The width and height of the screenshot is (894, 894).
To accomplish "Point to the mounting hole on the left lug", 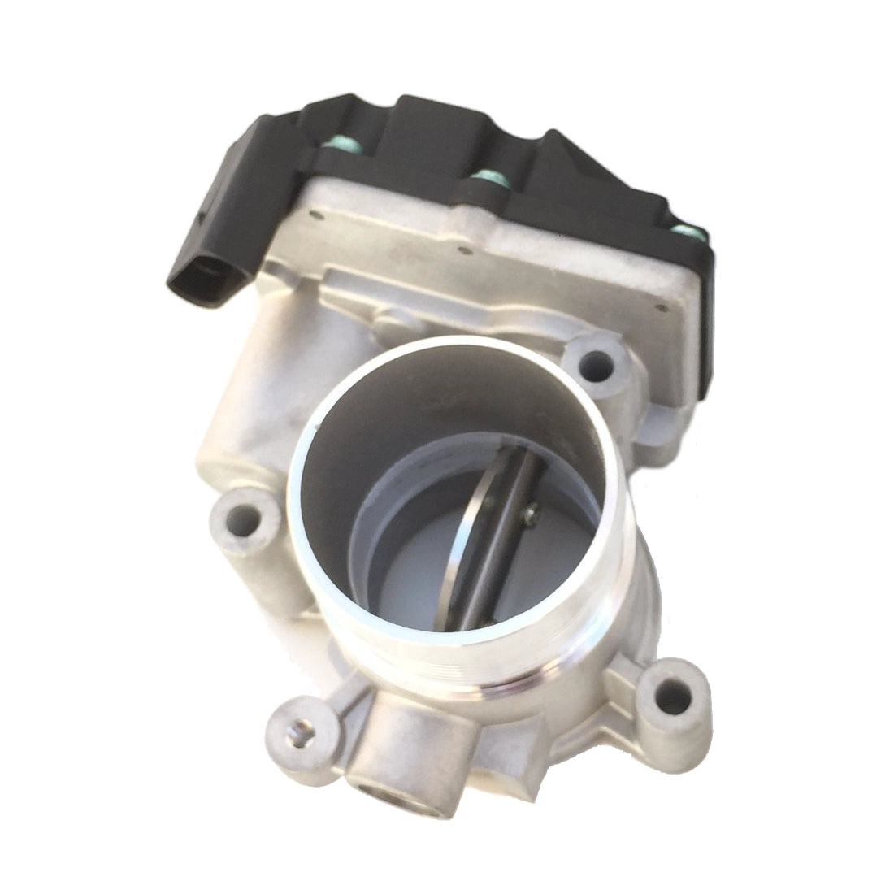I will pos(241,518).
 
